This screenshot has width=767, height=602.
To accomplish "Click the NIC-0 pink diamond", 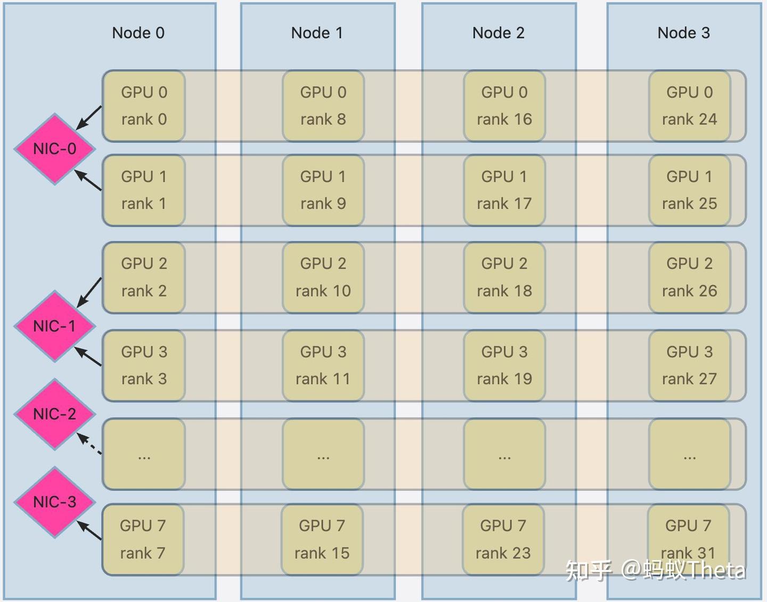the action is pyautogui.click(x=55, y=149).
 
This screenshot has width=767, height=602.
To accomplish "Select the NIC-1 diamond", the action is pyautogui.click(x=55, y=326).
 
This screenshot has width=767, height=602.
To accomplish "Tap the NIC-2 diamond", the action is pyautogui.click(x=55, y=414).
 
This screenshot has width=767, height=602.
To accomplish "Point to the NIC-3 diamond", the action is pyautogui.click(x=55, y=502).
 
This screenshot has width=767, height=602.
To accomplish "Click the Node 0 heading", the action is pyautogui.click(x=138, y=33).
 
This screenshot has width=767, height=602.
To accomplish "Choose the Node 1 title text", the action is pyautogui.click(x=317, y=33).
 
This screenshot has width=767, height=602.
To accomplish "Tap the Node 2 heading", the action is pyautogui.click(x=499, y=33).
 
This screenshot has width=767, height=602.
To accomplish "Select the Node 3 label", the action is pyautogui.click(x=684, y=33).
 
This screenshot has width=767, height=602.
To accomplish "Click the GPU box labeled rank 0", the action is pyautogui.click(x=144, y=106).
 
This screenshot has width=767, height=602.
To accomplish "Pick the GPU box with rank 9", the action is pyautogui.click(x=323, y=190).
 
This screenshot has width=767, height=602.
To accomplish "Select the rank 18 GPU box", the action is pyautogui.click(x=504, y=277).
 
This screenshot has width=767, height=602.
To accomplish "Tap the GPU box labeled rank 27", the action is pyautogui.click(x=689, y=365).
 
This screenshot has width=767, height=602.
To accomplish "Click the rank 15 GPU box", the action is pyautogui.click(x=322, y=540).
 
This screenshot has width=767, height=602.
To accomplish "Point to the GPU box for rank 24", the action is pyautogui.click(x=689, y=106).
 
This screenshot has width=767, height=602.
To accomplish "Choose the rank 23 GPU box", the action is pyautogui.click(x=503, y=540).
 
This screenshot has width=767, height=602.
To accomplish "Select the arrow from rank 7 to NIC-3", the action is pyautogui.click(x=89, y=531).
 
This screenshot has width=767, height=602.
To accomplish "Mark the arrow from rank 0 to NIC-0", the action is pyautogui.click(x=88, y=118).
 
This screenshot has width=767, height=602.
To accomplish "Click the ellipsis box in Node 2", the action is pyautogui.click(x=504, y=454).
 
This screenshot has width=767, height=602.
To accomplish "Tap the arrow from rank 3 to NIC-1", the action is pyautogui.click(x=88, y=356).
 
